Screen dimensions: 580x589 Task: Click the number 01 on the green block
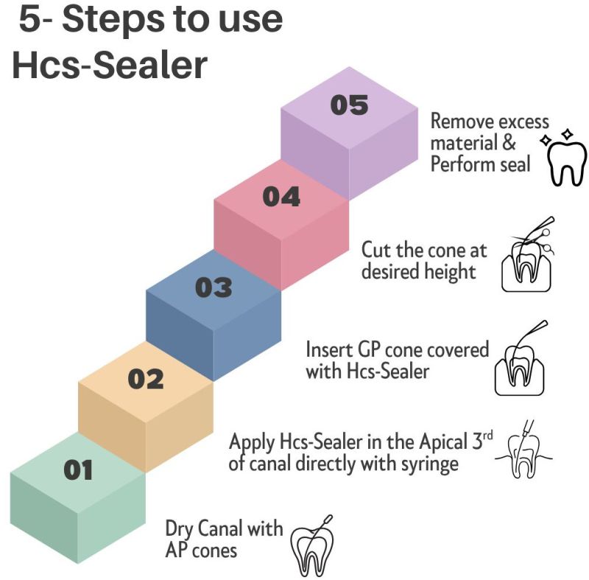[x=79, y=469]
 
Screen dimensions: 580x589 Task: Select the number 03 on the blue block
[x=214, y=287]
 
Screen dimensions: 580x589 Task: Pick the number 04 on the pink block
[x=281, y=197]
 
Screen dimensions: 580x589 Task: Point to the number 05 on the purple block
[x=349, y=105]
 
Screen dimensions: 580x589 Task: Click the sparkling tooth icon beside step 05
[x=565, y=157]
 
